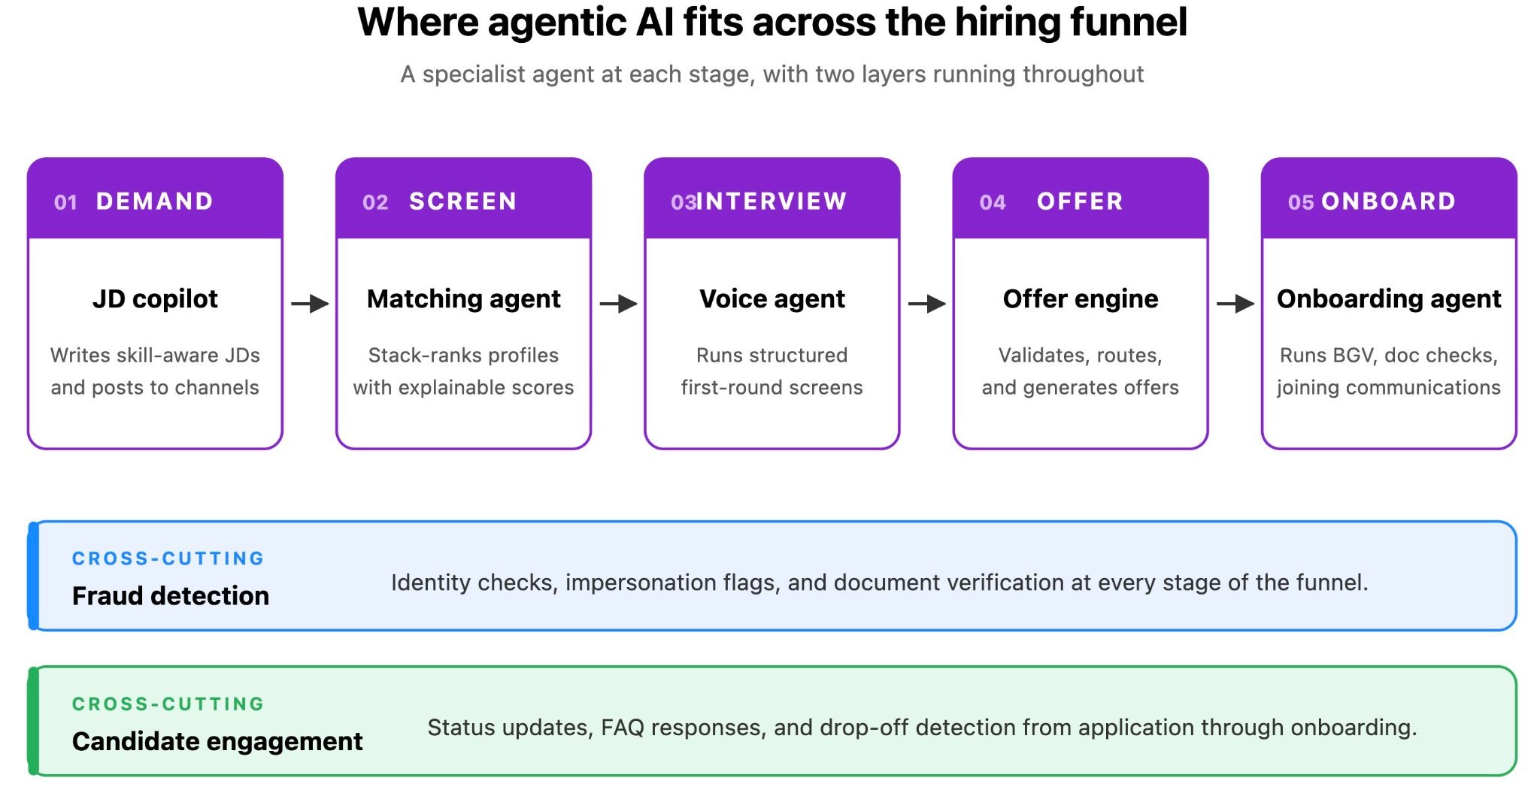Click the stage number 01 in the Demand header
pos(65,202)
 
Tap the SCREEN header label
pos(462,201)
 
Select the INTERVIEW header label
pos(772,201)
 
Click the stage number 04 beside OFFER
pos(992,202)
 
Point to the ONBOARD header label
pos(1388,201)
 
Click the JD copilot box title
pos(155,299)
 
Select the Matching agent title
pos(463,299)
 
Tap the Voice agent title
pos(772,299)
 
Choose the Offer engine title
pos(1081,299)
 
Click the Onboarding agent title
pos(1389,299)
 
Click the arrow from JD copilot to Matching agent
pos(310,304)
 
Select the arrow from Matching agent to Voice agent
pos(618,304)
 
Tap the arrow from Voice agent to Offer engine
pos(926,304)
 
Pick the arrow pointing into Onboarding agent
pos(1235,304)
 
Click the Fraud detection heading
pos(171,596)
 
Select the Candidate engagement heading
pos(217,742)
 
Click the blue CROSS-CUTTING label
pos(168,558)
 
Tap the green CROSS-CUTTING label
pos(168,704)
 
